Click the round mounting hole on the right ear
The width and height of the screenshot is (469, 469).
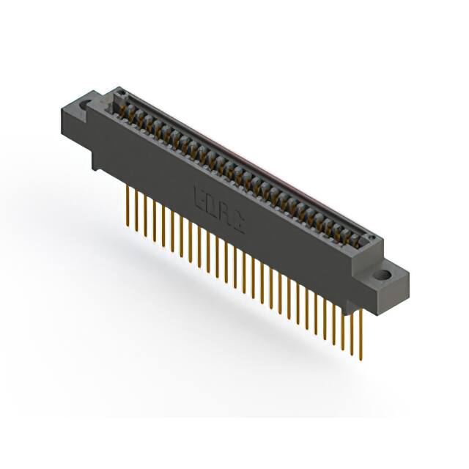[382, 276]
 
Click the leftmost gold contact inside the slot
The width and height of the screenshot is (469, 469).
[125, 110]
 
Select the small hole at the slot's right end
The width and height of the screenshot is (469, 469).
[372, 239]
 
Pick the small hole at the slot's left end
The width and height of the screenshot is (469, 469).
[122, 93]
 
